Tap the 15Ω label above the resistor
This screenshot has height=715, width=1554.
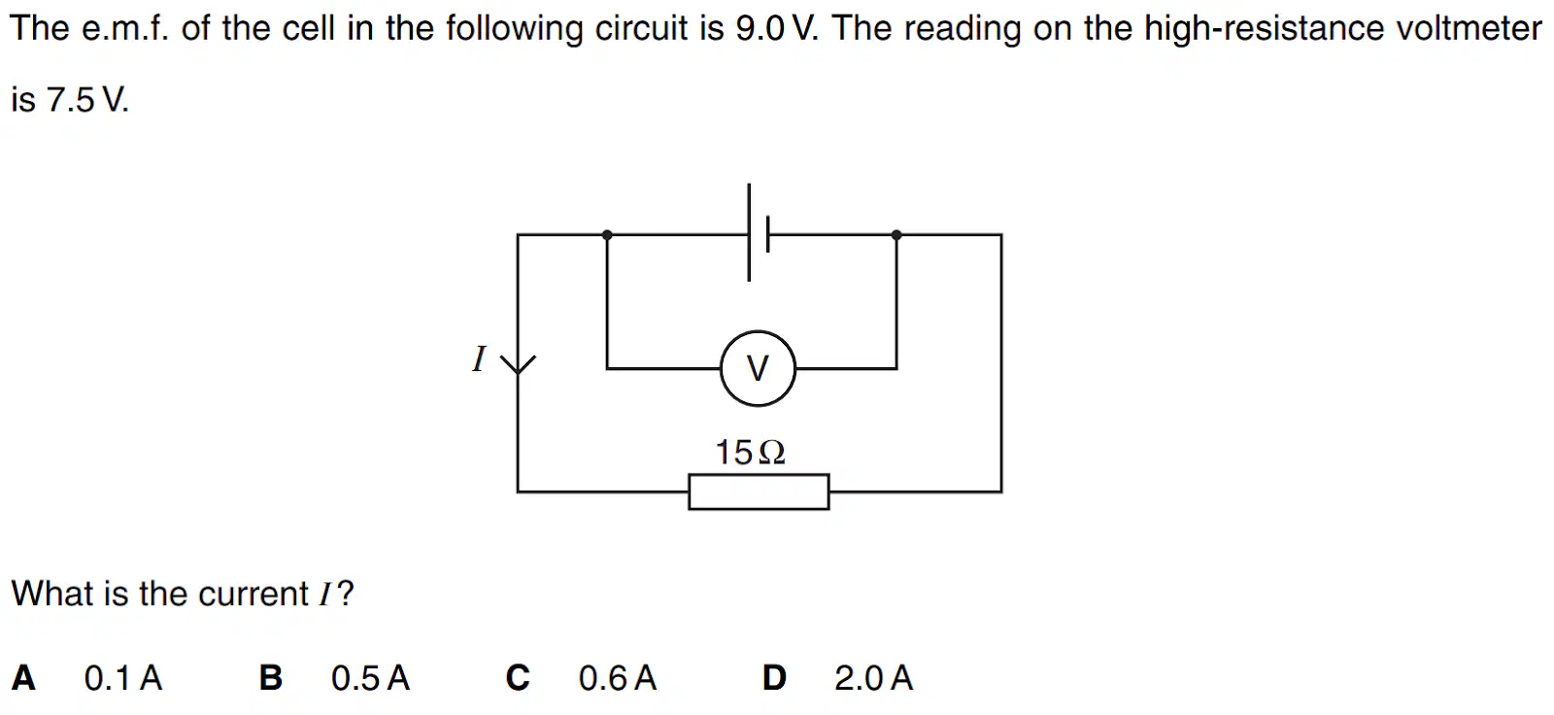(750, 453)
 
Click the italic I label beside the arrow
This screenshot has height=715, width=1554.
(479, 359)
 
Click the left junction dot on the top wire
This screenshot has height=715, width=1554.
(607, 235)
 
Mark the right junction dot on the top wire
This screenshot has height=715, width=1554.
(896, 235)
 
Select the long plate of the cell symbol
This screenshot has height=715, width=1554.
(749, 232)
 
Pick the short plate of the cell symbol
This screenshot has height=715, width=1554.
(767, 235)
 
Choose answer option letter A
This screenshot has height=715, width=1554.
(23, 677)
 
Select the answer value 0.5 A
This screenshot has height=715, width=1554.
(370, 677)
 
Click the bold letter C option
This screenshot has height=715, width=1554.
(518, 677)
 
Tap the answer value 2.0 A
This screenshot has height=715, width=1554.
(873, 677)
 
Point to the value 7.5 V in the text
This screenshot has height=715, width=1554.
(87, 99)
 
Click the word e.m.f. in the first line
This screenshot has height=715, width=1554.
(125, 28)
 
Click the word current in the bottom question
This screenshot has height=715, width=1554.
(253, 595)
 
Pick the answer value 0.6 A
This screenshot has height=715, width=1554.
(618, 677)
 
